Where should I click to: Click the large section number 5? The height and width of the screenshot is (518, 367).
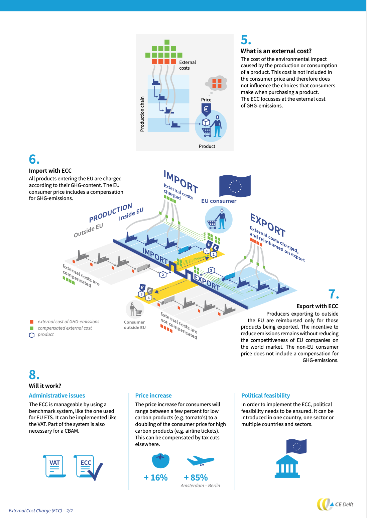[x=246, y=40]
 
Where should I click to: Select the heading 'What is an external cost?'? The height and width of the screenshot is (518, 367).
[x=276, y=51]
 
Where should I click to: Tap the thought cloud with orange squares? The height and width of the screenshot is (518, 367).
[x=216, y=83]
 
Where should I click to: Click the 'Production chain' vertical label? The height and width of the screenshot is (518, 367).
[x=142, y=114]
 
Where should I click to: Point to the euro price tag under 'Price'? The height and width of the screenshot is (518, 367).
[x=206, y=110]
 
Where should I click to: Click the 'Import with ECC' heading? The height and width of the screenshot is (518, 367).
[x=50, y=170]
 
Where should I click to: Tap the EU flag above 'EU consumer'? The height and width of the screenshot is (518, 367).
[x=235, y=186]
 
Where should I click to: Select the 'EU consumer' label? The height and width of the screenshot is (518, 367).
[x=219, y=201]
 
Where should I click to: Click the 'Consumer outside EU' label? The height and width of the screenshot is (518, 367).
[x=135, y=325]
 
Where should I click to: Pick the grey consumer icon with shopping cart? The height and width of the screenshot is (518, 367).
[x=135, y=309]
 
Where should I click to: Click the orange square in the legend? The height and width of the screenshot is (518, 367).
[x=32, y=322]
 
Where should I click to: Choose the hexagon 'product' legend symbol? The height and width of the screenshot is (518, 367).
[x=32, y=335]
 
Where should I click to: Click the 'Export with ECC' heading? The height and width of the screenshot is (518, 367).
[x=317, y=306]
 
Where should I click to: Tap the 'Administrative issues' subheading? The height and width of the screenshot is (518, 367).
[x=57, y=396]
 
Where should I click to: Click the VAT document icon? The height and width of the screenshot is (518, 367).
[x=54, y=466]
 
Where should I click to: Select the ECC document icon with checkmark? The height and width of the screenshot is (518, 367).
[x=88, y=467]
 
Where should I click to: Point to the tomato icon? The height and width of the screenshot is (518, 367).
[x=160, y=461]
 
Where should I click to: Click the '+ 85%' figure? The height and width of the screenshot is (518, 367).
[x=196, y=478]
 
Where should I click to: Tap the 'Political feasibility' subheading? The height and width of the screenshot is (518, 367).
[x=265, y=396]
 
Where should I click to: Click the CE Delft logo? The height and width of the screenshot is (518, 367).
[x=335, y=504]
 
